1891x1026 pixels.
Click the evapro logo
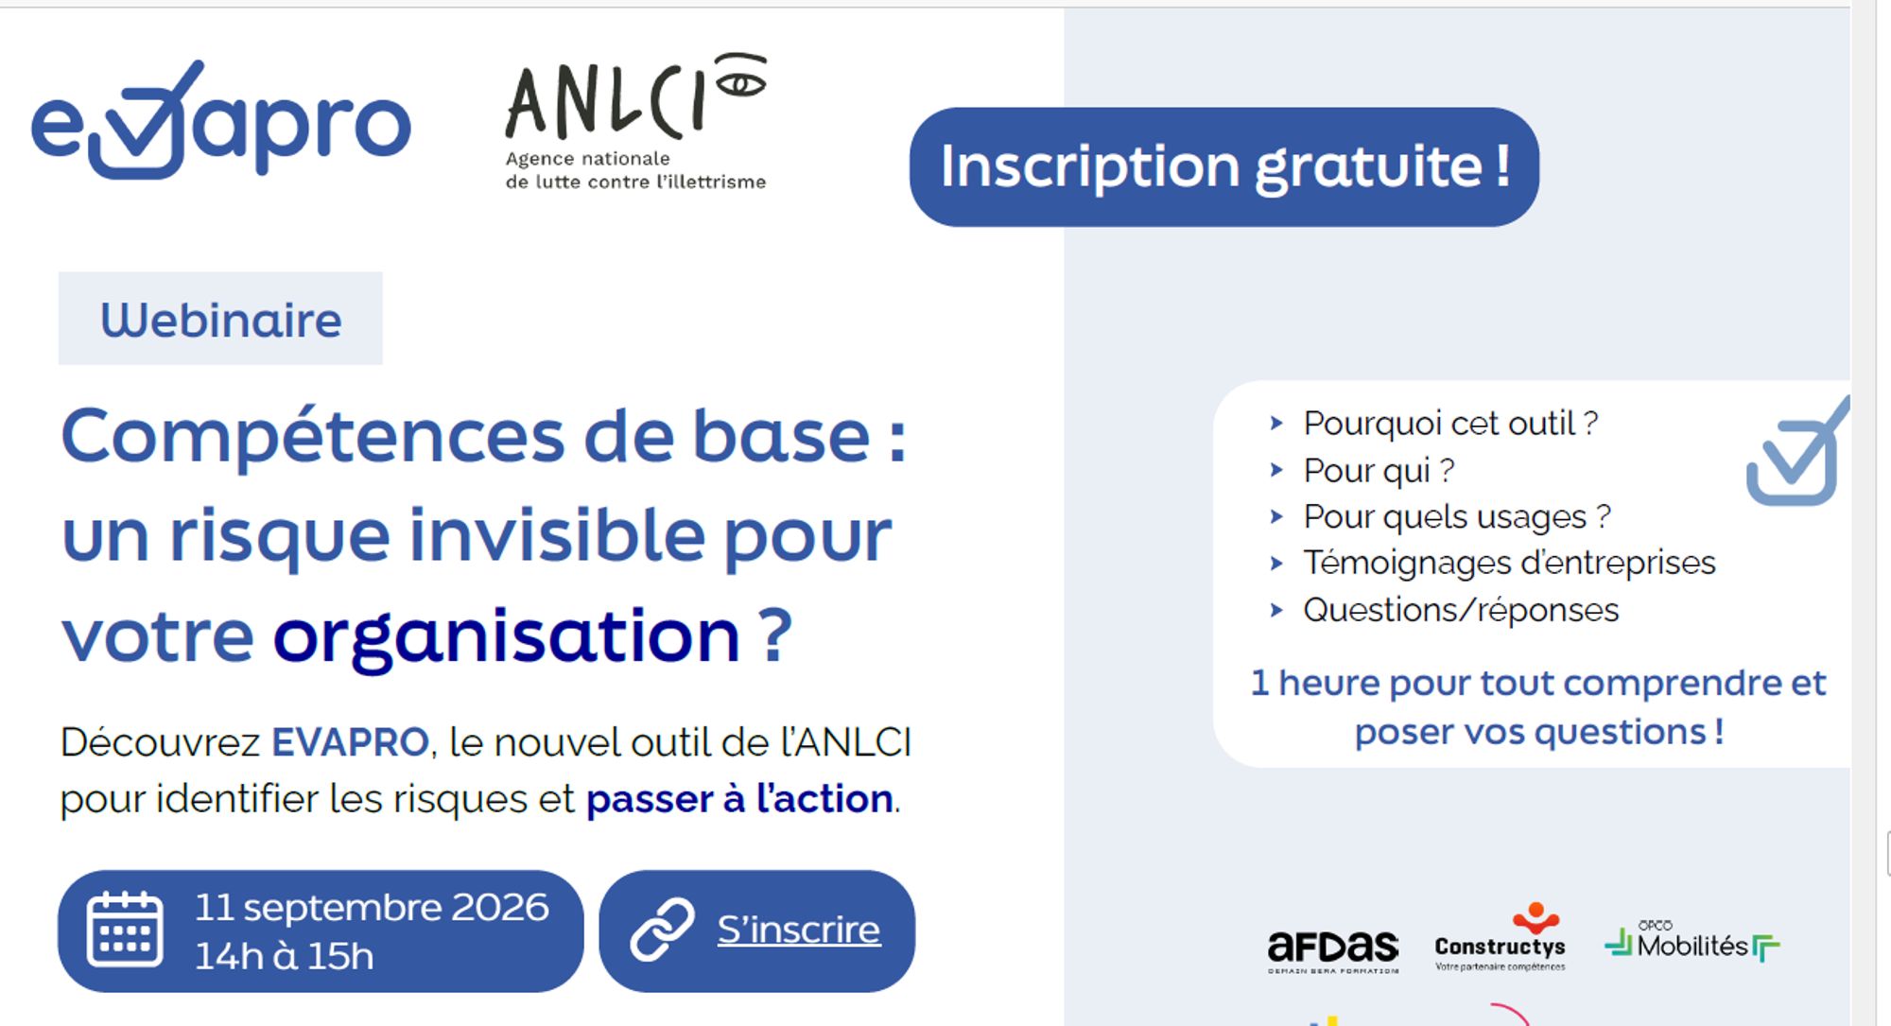[x=221, y=120]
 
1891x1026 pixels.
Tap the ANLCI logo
[x=635, y=122]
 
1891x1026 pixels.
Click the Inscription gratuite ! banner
[x=1223, y=166]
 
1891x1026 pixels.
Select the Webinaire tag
[x=220, y=319]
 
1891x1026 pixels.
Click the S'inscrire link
[x=799, y=930]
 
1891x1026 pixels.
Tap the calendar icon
[x=125, y=929]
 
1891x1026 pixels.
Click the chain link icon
[x=662, y=930]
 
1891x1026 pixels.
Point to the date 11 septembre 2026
[x=372, y=907]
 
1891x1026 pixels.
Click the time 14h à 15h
[x=285, y=956]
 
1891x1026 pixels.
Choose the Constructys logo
[x=1501, y=937]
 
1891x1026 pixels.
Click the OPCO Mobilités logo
[x=1692, y=941]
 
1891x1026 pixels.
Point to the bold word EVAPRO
[x=350, y=742]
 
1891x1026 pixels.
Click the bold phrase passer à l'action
[x=739, y=799]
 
